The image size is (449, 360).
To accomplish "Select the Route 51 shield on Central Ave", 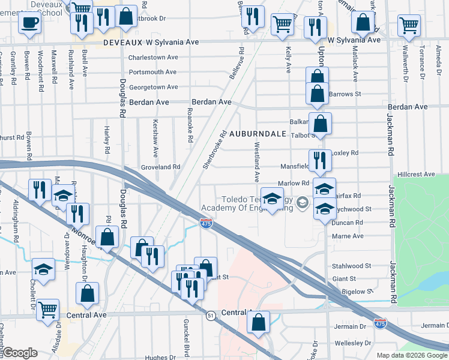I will pos(210,315).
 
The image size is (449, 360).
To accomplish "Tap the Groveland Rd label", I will pos(160,167).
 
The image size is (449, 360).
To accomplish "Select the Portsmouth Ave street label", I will pos(153,72).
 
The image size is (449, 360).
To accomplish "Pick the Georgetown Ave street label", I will pos(153,87).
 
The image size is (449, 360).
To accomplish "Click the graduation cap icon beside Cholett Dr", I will pos(43,270).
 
